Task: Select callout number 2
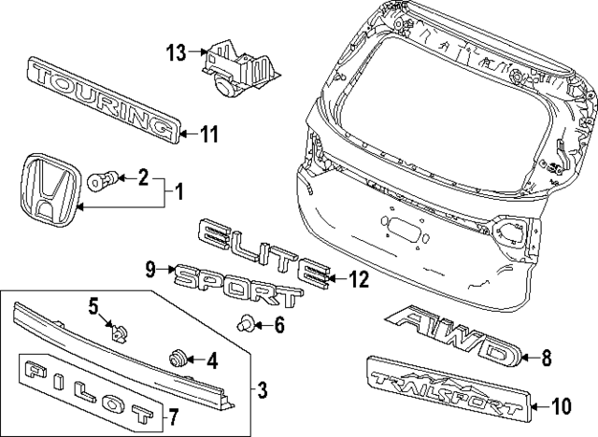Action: (x=143, y=175)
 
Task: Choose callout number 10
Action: (x=562, y=405)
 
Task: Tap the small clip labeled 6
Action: (x=247, y=325)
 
